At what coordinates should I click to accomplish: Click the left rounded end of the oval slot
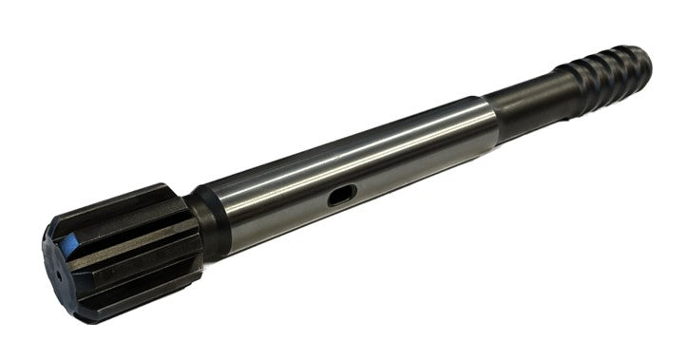[332, 199]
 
